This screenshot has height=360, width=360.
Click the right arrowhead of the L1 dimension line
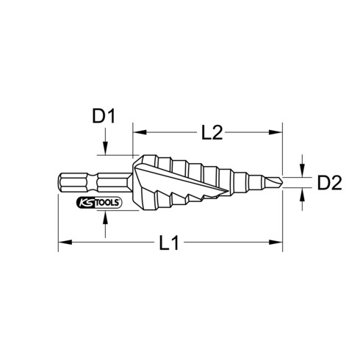pyautogui.click(x=278, y=240)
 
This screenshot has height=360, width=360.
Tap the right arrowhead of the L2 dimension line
pyautogui.click(x=278, y=132)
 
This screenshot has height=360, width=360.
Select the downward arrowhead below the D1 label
pyautogui.click(x=107, y=150)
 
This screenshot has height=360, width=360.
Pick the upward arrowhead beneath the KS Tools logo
pyautogui.click(x=107, y=215)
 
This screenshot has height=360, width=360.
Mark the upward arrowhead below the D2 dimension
pyautogui.click(x=302, y=192)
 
